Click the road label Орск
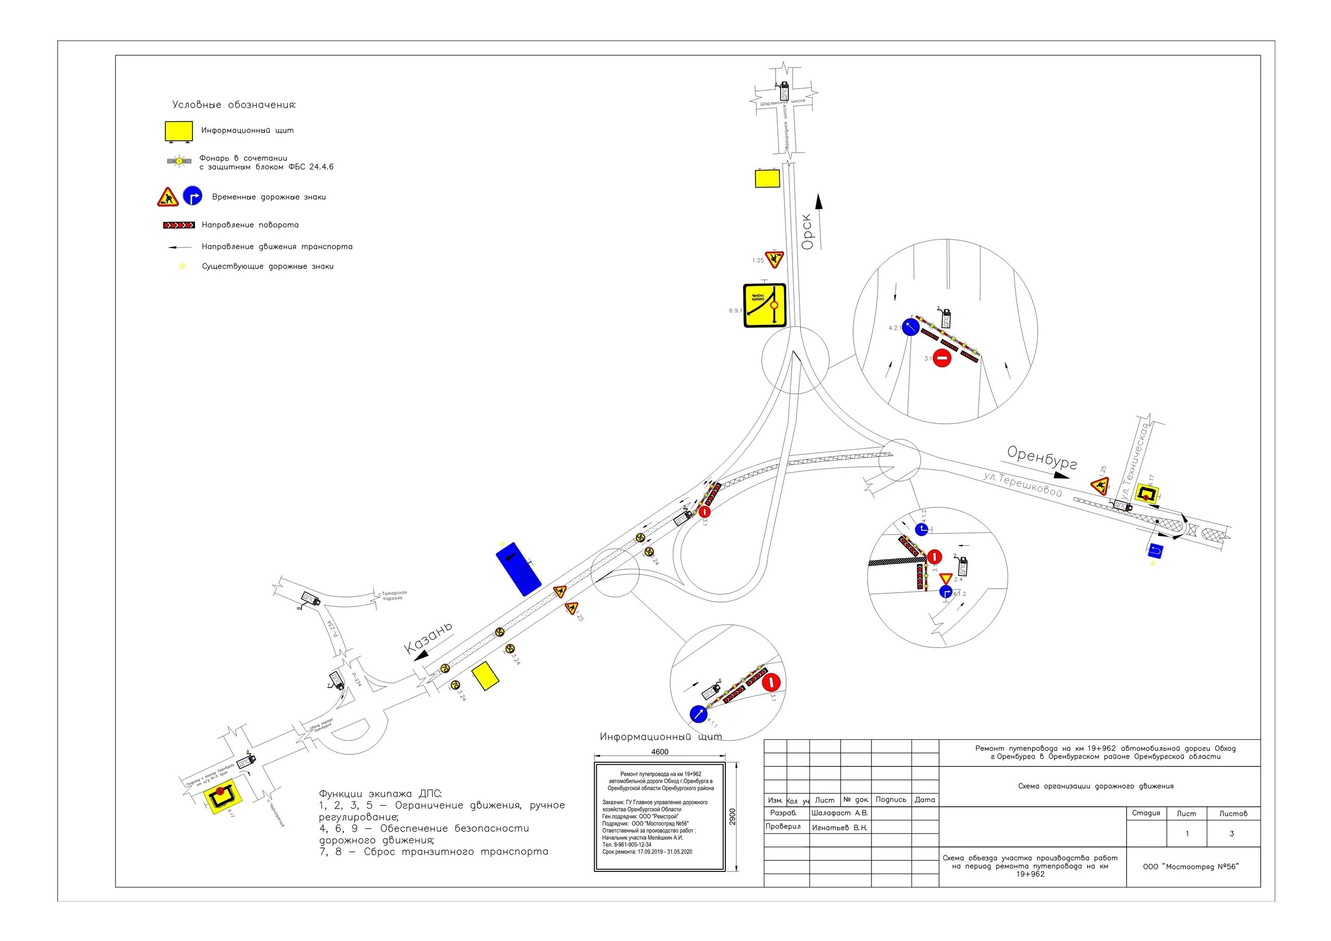(x=808, y=232)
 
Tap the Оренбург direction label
(x=1042, y=458)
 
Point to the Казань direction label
(x=428, y=638)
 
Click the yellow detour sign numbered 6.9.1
(x=765, y=306)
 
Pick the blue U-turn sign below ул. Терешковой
(x=1155, y=550)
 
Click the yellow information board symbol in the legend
(x=178, y=132)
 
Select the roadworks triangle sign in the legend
(x=167, y=198)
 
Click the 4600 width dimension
(x=660, y=752)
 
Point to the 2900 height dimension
(x=732, y=816)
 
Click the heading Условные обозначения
(x=233, y=105)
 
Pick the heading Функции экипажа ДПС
(x=380, y=794)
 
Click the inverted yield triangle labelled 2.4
(x=946, y=579)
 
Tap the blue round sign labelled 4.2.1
(x=911, y=328)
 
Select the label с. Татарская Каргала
(x=393, y=595)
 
